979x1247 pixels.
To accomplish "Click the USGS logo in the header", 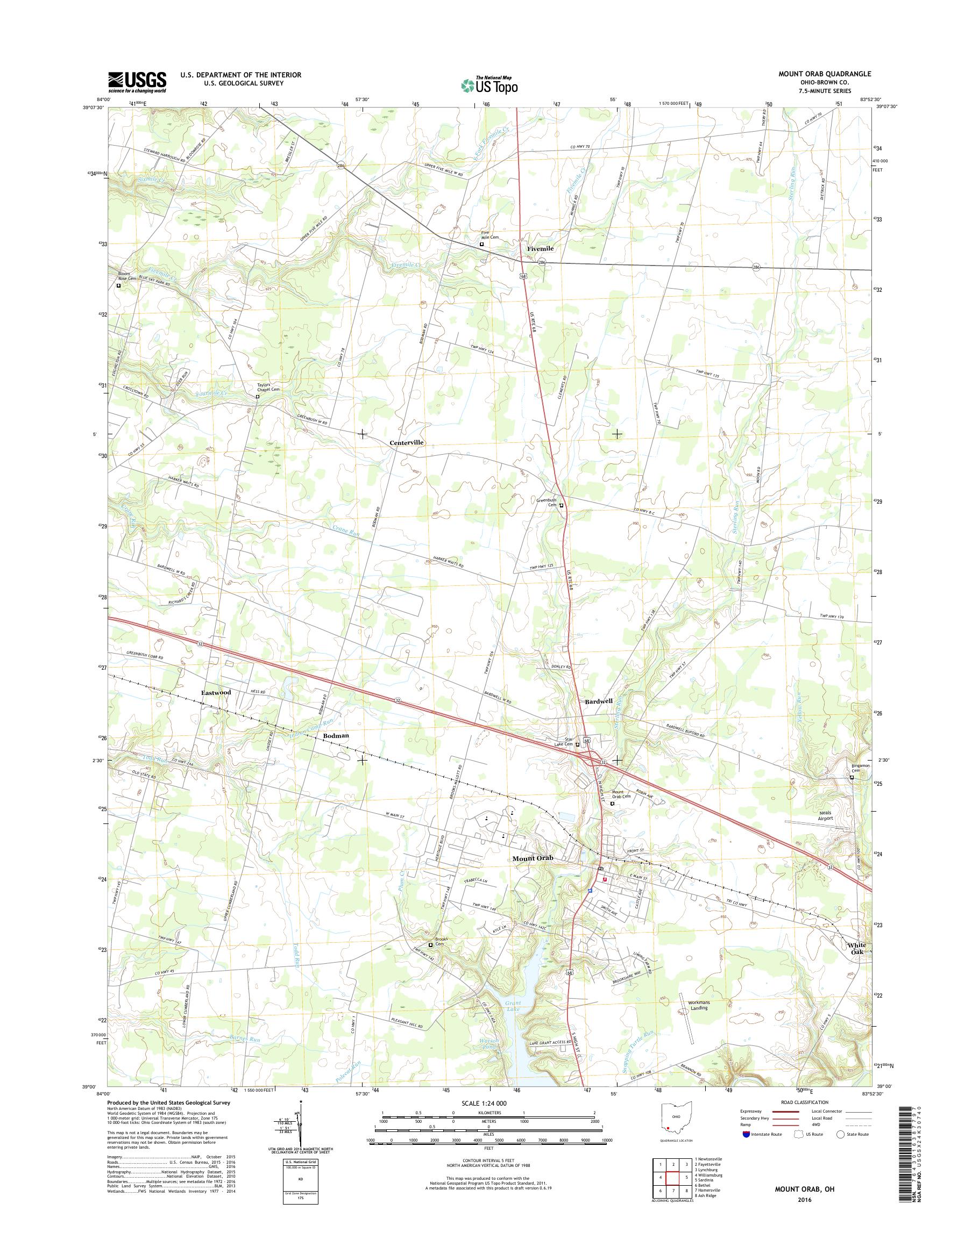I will [138, 82].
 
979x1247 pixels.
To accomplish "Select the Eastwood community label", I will [216, 692].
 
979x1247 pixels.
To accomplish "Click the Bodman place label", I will [336, 735].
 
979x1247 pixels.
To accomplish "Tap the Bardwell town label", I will [599, 701].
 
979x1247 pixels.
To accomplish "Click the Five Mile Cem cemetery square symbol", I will [481, 244].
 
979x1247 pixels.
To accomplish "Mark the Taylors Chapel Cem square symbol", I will [257, 396].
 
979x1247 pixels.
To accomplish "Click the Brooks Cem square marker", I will [431, 945].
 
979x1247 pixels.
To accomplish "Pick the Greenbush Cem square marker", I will [562, 505].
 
